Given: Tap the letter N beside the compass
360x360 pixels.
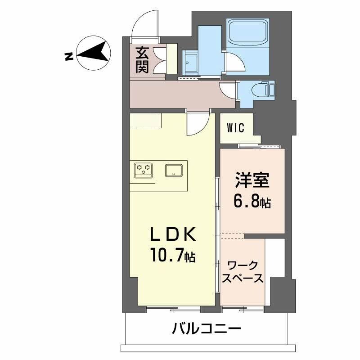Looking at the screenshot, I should pos(69,57).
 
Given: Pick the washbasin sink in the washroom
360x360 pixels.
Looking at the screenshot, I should pos(190,63).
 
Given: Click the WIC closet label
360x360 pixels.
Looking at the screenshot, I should pos(235,128).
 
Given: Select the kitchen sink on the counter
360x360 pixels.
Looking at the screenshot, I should pos(174,170).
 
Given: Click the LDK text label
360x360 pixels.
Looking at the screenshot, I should pos(173,235).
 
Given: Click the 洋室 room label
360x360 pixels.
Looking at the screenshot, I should pos(252,180).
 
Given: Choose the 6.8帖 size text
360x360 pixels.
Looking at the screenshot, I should pos(252,202).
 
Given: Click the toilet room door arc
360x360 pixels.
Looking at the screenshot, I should pos(228,90).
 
